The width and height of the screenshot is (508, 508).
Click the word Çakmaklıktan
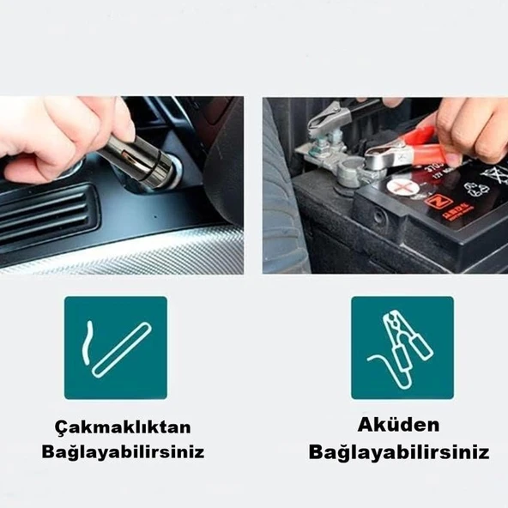point(123,427)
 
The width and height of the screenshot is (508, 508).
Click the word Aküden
point(399,425)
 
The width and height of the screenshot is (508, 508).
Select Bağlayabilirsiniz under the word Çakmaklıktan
point(123,451)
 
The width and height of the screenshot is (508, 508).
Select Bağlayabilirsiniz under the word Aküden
point(399,451)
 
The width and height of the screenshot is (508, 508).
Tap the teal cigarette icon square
point(116,348)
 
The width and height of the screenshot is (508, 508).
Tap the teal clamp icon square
point(402,348)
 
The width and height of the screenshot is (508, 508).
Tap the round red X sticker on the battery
point(401,184)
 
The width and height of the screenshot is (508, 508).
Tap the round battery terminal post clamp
point(353,172)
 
